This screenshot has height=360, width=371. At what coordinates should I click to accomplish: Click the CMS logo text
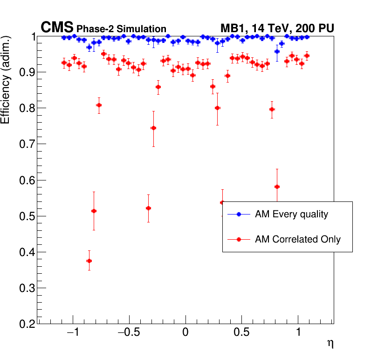pyautogui.click(x=57, y=28)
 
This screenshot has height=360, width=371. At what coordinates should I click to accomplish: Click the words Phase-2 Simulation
pyautogui.click(x=121, y=29)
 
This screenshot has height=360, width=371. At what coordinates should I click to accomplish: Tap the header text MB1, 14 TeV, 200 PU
pyautogui.click(x=277, y=28)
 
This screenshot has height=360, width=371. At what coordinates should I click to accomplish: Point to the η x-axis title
pyautogui.click(x=330, y=344)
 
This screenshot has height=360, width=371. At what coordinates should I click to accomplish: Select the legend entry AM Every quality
pyautogui.click(x=291, y=215)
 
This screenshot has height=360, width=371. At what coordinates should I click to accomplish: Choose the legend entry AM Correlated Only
pyautogui.click(x=297, y=240)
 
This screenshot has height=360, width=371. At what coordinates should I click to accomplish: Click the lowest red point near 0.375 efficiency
pyautogui.click(x=89, y=261)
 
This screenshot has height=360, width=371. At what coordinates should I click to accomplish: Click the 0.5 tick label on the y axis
pyautogui.click(x=27, y=216)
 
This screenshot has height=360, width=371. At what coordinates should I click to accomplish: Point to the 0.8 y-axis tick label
pyautogui.click(x=27, y=108)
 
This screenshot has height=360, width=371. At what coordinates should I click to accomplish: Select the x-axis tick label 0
pyautogui.click(x=185, y=334)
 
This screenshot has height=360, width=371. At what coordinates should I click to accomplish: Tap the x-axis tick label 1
pyautogui.click(x=298, y=334)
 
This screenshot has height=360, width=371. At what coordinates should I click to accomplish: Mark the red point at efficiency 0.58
pyautogui.click(x=277, y=187)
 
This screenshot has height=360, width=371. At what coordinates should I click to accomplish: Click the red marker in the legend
pyautogui.click(x=239, y=240)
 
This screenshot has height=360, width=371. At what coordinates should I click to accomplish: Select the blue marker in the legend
pyautogui.click(x=239, y=215)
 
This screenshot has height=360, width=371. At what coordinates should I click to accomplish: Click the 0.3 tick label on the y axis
pyautogui.click(x=27, y=288)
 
